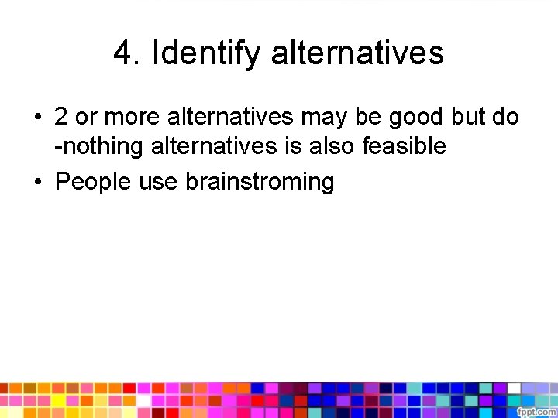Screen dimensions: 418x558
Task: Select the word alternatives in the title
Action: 357,53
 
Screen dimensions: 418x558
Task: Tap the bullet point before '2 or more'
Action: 37,118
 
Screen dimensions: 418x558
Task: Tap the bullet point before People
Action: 37,183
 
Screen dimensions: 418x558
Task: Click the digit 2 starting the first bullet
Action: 61,117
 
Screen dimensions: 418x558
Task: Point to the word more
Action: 131,117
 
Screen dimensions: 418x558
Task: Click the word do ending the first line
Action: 508,117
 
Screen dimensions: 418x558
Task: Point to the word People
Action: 94,182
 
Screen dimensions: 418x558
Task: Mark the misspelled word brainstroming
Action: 260,182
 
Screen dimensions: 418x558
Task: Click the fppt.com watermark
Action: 536,410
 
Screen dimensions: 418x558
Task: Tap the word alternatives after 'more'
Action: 229,117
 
